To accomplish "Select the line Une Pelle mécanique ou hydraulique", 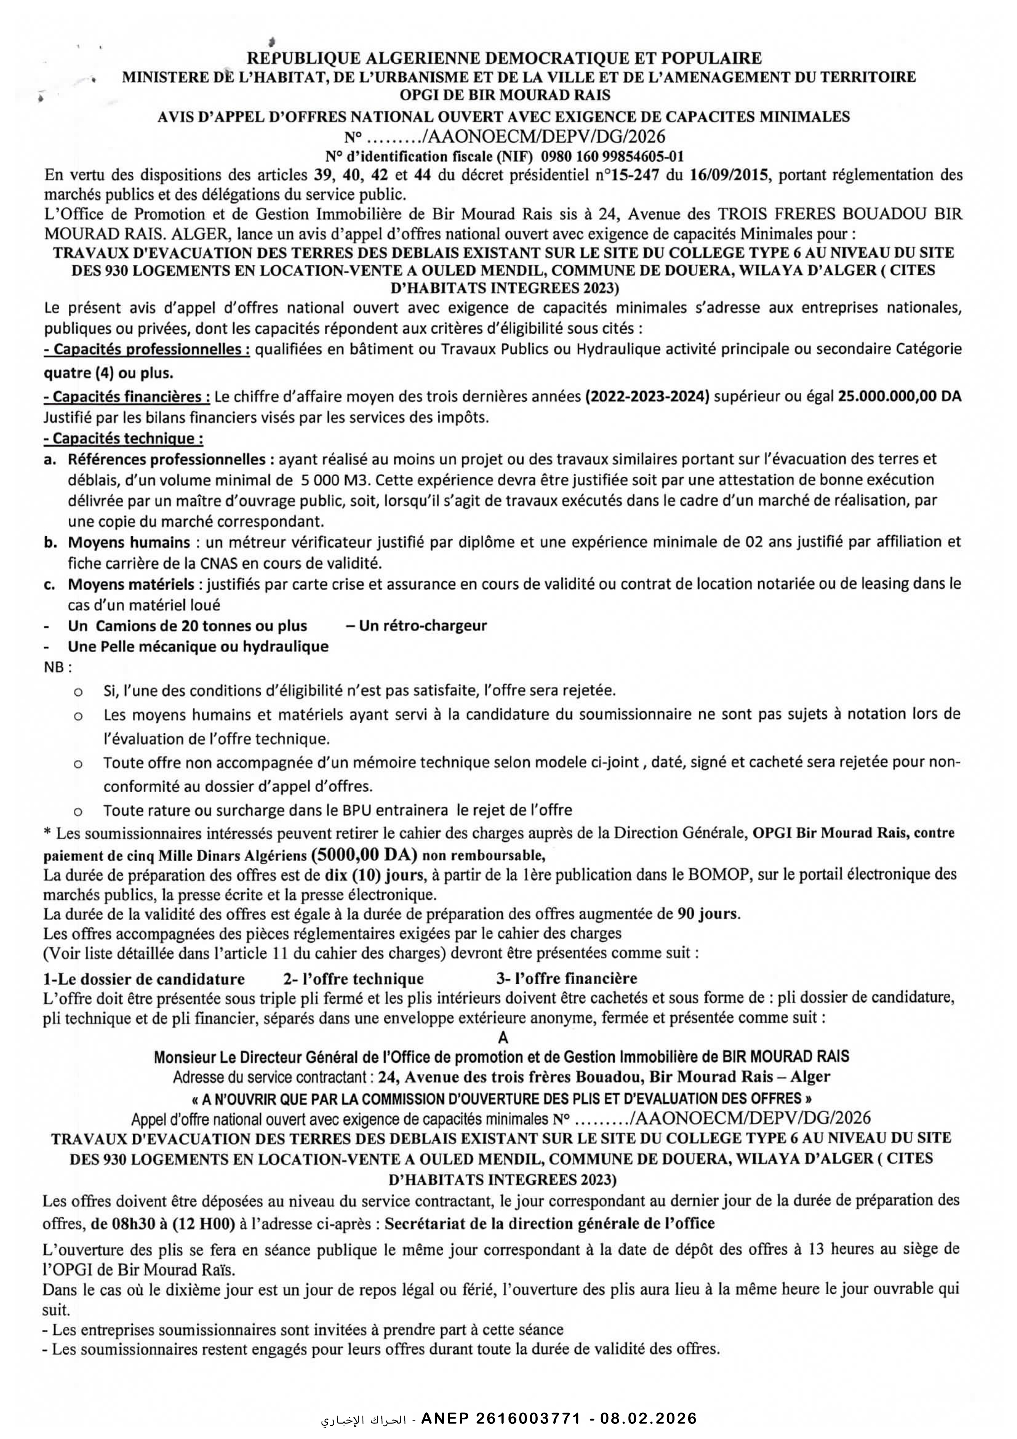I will pyautogui.click(x=198, y=646).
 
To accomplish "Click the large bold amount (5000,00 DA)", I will pyautogui.click(x=365, y=854).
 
